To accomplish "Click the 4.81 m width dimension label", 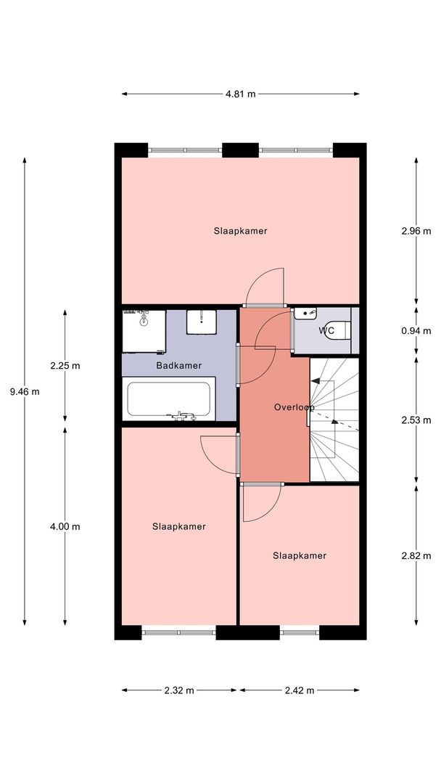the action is click(x=240, y=94).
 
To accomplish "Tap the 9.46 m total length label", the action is click(x=25, y=391).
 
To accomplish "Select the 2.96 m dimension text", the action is click(x=416, y=231).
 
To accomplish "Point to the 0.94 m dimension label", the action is click(x=416, y=330).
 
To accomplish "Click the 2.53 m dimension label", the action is click(x=416, y=420).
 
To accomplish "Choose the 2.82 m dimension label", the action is click(x=416, y=555).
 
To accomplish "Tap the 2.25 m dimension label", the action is click(x=65, y=365).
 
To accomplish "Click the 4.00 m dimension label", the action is click(x=65, y=526).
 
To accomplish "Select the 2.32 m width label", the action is click(x=179, y=690).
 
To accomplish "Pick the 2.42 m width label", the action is click(x=299, y=690).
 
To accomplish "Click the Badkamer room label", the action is click(x=179, y=365).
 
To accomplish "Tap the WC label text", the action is click(x=326, y=330).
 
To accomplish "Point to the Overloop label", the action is click(x=294, y=407).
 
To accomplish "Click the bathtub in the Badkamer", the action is click(x=169, y=399).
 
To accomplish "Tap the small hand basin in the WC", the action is click(x=305, y=313).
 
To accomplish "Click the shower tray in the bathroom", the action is click(x=144, y=331).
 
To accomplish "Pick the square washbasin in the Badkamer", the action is click(x=201, y=322).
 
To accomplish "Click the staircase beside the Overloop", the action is click(x=334, y=420).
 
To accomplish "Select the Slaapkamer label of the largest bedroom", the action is click(x=240, y=231).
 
